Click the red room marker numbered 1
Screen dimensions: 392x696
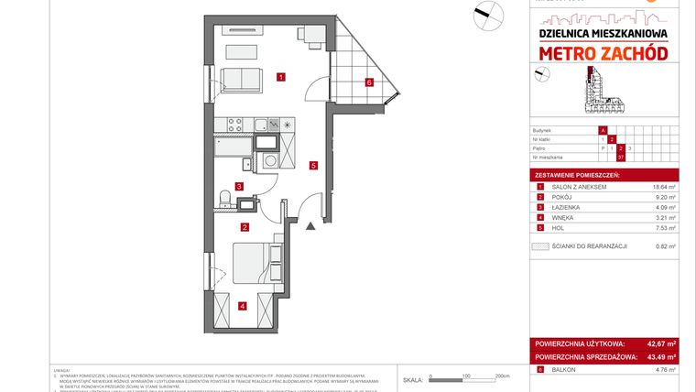[280, 78]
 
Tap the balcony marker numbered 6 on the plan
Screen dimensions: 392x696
[368, 82]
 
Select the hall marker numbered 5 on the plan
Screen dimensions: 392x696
[313, 166]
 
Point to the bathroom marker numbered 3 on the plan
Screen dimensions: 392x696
[239, 186]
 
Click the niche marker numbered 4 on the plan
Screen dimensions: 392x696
[242, 306]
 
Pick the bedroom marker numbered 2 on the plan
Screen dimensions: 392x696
[245, 227]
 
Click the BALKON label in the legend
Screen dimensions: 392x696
[565, 370]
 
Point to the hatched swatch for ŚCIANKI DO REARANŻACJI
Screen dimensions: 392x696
[540, 246]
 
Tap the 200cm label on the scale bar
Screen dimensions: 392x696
[501, 376]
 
